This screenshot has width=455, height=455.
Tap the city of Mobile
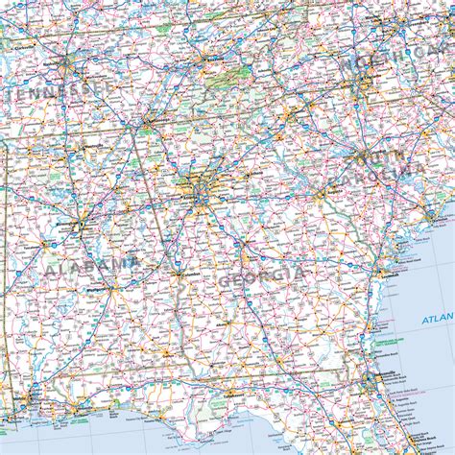pos(29,394)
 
